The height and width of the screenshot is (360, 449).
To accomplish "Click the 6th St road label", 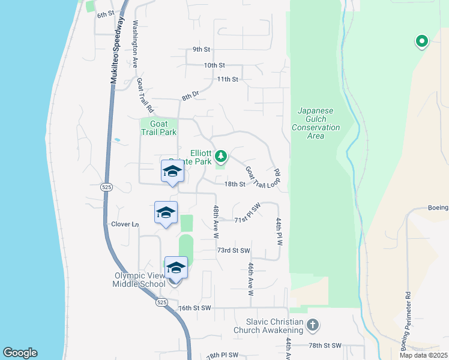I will [x=106, y=14].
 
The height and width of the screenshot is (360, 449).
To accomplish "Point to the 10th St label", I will [x=214, y=65].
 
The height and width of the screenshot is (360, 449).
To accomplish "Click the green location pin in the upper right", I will [x=422, y=41].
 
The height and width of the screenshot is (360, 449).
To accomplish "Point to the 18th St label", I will [x=235, y=184].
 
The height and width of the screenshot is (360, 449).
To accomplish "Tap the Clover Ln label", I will [x=125, y=224].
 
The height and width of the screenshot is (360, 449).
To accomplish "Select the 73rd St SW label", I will [x=233, y=250].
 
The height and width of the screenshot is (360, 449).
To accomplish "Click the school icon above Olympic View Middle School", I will [x=176, y=268].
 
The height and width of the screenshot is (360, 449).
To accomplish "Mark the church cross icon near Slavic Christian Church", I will [x=312, y=326].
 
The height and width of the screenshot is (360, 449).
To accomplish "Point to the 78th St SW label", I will [x=325, y=346].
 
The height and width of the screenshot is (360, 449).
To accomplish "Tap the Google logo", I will [x=20, y=353].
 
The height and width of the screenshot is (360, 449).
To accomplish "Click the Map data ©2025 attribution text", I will [x=423, y=355].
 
